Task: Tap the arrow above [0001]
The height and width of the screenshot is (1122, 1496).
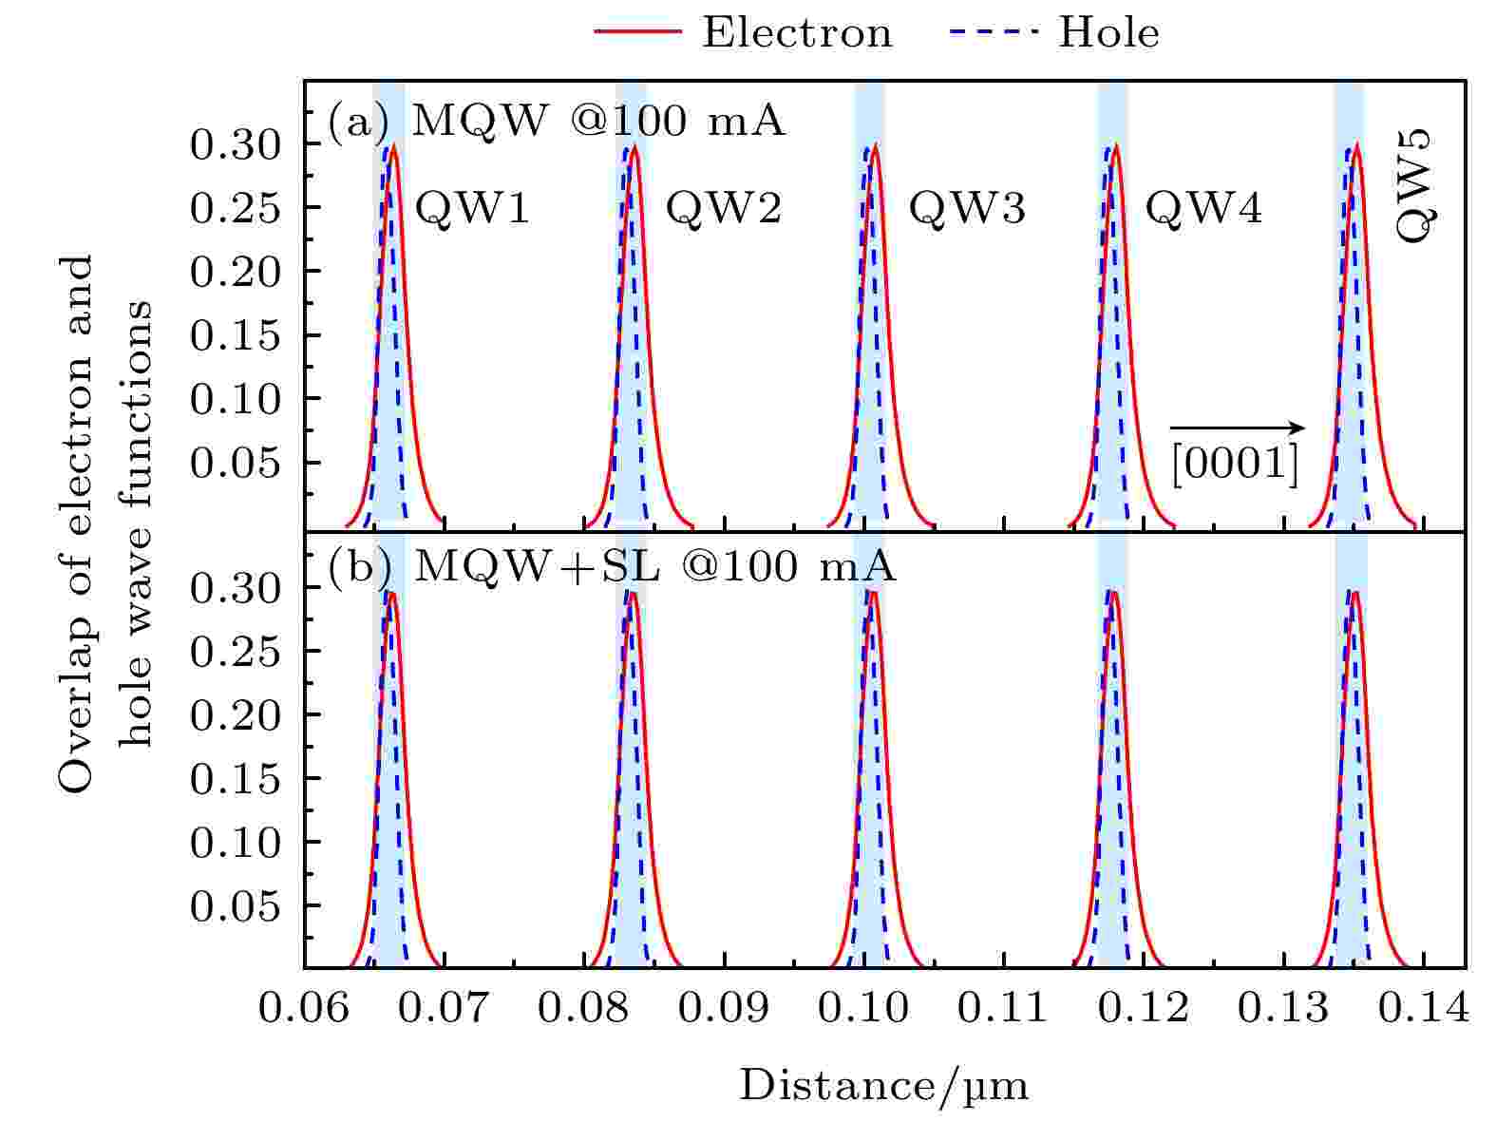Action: click(x=1236, y=428)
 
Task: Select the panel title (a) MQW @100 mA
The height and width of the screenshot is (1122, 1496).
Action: click(x=558, y=123)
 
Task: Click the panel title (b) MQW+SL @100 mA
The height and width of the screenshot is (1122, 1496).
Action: click(x=613, y=567)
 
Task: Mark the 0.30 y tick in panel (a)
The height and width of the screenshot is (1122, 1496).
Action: click(x=236, y=144)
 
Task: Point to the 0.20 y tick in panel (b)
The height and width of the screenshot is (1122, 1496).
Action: click(x=236, y=715)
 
